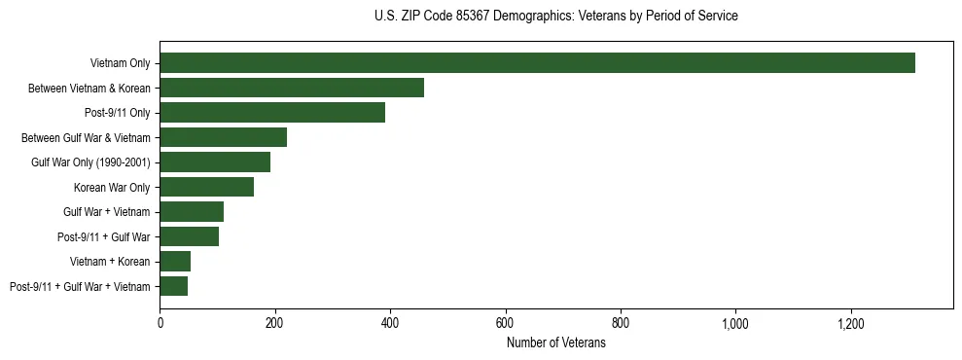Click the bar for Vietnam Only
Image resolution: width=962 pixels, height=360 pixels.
(537, 63)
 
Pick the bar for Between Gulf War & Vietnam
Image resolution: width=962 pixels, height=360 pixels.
(223, 137)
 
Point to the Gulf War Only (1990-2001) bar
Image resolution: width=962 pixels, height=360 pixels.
(215, 162)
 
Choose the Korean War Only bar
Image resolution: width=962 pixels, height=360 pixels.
(206, 187)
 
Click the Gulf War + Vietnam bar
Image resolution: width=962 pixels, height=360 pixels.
(192, 211)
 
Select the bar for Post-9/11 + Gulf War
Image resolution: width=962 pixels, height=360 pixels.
(189, 236)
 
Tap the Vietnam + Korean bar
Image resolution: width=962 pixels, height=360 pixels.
(175, 261)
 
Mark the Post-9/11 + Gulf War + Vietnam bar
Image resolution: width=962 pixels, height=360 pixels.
(173, 286)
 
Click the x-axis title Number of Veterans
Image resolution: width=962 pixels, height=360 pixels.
(556, 342)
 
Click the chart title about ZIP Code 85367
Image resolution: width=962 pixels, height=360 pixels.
(555, 17)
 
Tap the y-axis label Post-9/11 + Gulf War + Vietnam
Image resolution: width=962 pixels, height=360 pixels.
(80, 286)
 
